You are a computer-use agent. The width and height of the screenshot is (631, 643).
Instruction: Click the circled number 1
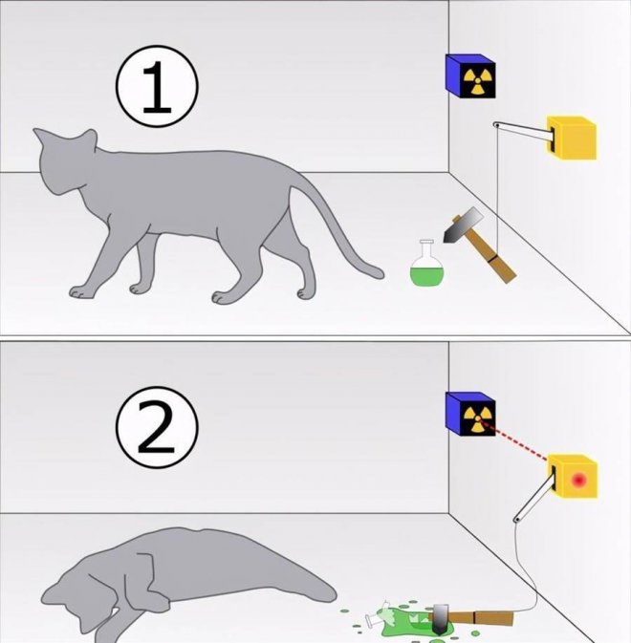[x=157, y=87]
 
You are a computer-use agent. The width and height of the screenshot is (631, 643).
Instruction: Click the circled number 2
[x=157, y=427]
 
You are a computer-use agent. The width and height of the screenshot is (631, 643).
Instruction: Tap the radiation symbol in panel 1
[x=477, y=81]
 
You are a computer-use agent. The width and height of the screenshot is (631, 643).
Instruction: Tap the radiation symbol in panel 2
[x=478, y=419]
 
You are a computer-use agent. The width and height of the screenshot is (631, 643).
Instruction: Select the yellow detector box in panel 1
[x=571, y=138]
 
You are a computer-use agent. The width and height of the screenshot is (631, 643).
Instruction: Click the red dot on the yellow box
[x=579, y=480]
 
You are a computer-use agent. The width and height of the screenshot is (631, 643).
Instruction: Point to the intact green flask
[x=427, y=264]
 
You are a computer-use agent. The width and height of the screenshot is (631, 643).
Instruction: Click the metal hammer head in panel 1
[x=463, y=225]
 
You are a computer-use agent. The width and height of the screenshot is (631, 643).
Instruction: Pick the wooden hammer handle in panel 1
[x=490, y=256]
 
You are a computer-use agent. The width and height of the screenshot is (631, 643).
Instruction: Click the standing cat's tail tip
[x=380, y=274]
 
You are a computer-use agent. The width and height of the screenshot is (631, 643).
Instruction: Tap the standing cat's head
[x=66, y=161]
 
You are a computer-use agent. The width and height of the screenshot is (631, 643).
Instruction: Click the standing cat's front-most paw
[x=80, y=291]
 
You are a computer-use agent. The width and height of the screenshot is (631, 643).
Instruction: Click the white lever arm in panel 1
[x=521, y=129]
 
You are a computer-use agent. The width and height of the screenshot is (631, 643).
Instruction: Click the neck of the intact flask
[x=426, y=247]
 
